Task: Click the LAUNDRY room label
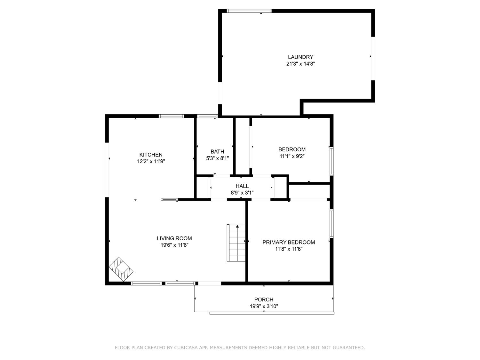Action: point(300,57)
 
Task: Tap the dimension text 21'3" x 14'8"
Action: point(300,64)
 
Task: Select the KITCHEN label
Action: point(151,155)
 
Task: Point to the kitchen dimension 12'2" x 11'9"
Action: point(151,162)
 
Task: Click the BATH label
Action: point(217,152)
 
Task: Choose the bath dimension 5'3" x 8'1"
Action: point(217,158)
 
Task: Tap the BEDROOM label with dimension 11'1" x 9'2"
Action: point(292,149)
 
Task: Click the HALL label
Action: point(242,186)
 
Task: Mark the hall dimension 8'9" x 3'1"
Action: point(242,193)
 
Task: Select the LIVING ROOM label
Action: point(174,238)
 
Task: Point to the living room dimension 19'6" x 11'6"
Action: point(174,245)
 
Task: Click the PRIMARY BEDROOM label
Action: point(289,243)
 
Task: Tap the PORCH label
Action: point(264,300)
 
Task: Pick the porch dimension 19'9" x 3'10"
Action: point(264,306)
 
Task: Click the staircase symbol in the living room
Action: point(236,243)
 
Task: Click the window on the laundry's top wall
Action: point(249,11)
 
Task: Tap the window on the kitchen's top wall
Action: point(172,116)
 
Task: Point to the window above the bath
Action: point(207,116)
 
